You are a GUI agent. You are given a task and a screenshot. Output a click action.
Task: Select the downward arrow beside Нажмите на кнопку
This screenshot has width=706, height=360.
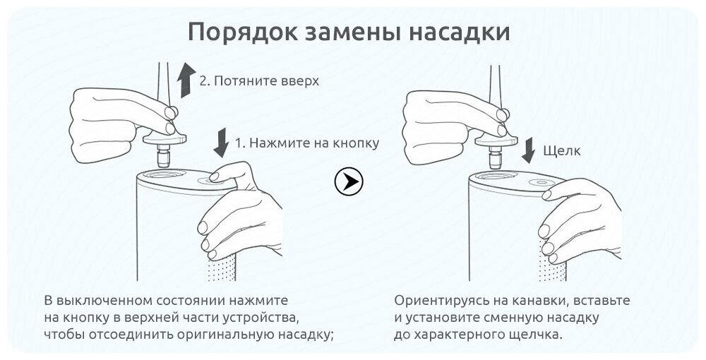220,143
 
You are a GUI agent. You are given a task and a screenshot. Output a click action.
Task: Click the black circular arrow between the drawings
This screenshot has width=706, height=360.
348,183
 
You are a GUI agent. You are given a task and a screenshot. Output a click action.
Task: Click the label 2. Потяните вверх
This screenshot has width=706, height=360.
259,80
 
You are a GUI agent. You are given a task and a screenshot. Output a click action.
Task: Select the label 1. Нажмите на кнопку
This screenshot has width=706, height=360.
306,143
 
